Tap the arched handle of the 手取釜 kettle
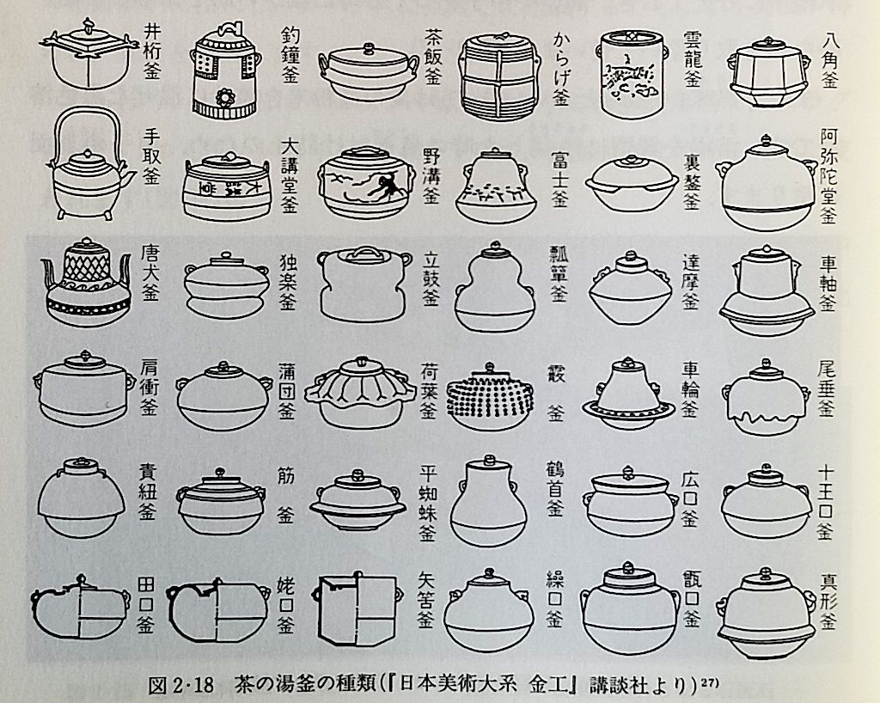[x=87, y=113]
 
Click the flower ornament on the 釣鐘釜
[x=224, y=98]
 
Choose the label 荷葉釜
[x=428, y=392]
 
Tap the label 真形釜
[x=828, y=601]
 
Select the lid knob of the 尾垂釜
[x=765, y=363]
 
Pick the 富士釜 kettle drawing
[x=494, y=185]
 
